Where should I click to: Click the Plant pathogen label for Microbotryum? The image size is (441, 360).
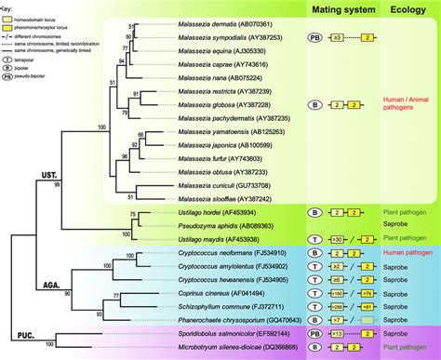coord(409,345)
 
